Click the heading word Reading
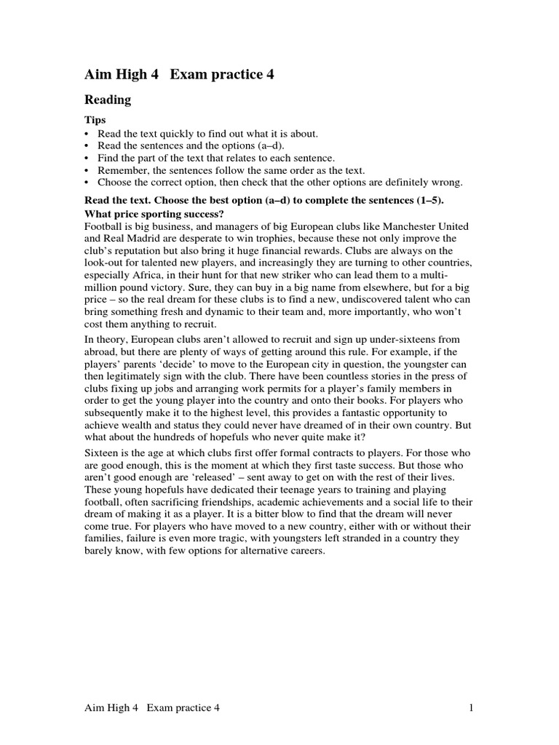(108, 100)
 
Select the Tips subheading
(95, 120)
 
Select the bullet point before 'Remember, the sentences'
(87, 170)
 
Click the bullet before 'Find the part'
(87, 158)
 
